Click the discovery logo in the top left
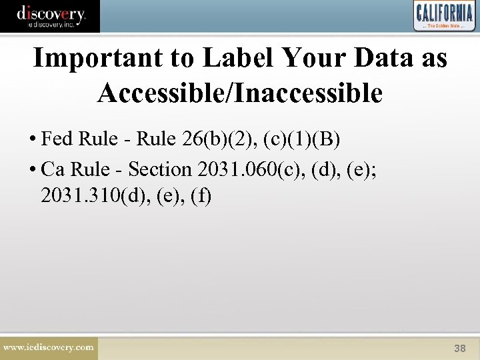click(50, 15)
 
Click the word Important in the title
click(91, 59)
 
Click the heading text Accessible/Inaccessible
click(240, 93)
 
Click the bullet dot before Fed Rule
click(33, 140)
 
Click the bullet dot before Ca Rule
click(33, 170)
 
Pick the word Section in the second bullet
click(159, 169)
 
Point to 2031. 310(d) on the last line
click(97, 197)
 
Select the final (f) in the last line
click(200, 197)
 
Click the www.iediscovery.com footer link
click(49, 347)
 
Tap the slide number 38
click(459, 348)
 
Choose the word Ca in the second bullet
click(53, 169)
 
